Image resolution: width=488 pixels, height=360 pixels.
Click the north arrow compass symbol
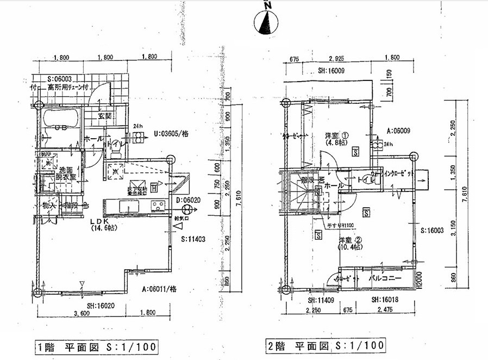pyautogui.click(x=266, y=22)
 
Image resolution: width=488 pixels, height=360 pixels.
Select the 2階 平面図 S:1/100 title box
pyautogui.click(x=326, y=345)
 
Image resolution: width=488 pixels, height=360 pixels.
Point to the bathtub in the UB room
pyautogui.click(x=61, y=118)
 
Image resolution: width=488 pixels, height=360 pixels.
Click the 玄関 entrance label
pyautogui.click(x=105, y=116)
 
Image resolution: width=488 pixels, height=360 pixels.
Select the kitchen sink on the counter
pyautogui.click(x=128, y=206)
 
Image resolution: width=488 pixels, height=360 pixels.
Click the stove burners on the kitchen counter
pyautogui.click(x=158, y=206)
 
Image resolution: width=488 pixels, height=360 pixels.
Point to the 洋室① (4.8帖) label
pyautogui.click(x=333, y=138)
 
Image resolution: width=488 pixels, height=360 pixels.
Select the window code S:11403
pyautogui.click(x=192, y=239)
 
